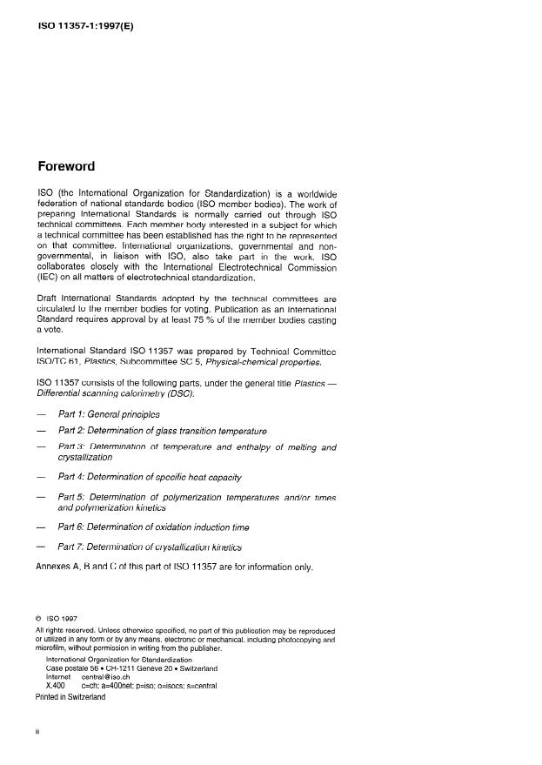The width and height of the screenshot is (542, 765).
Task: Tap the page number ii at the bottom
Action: click(x=37, y=732)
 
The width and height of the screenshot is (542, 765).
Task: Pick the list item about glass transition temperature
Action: click(x=162, y=431)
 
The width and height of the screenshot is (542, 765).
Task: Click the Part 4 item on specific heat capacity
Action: click(x=149, y=477)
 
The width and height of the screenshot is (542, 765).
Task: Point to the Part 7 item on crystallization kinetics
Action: click(x=149, y=547)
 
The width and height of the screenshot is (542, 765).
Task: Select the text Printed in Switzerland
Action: click(x=70, y=697)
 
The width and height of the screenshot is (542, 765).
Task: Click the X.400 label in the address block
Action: click(x=55, y=686)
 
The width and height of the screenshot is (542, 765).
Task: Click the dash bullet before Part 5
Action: click(x=40, y=497)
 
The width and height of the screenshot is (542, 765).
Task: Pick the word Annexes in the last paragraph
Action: click(x=55, y=566)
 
